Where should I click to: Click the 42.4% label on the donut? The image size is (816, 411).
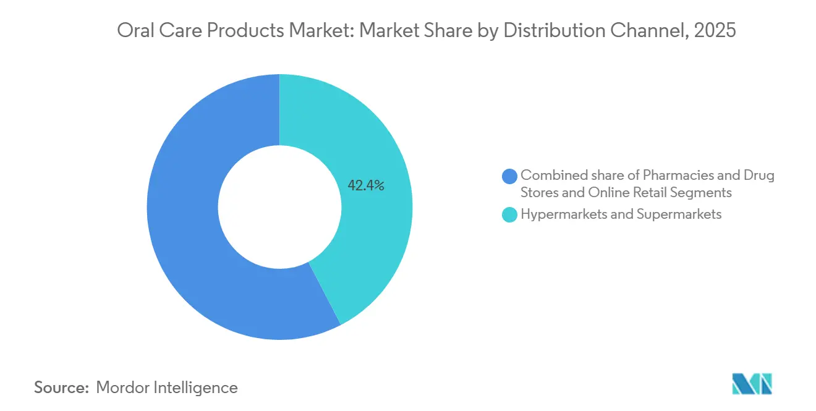pos(366,185)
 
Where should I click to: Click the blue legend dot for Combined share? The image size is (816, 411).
pos(510,176)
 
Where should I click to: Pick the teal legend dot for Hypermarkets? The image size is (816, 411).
pos(510,215)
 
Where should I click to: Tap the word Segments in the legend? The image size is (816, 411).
pos(704,193)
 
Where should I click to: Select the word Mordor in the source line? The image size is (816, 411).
pos(124,388)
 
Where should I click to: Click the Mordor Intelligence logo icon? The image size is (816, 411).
pos(752,383)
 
